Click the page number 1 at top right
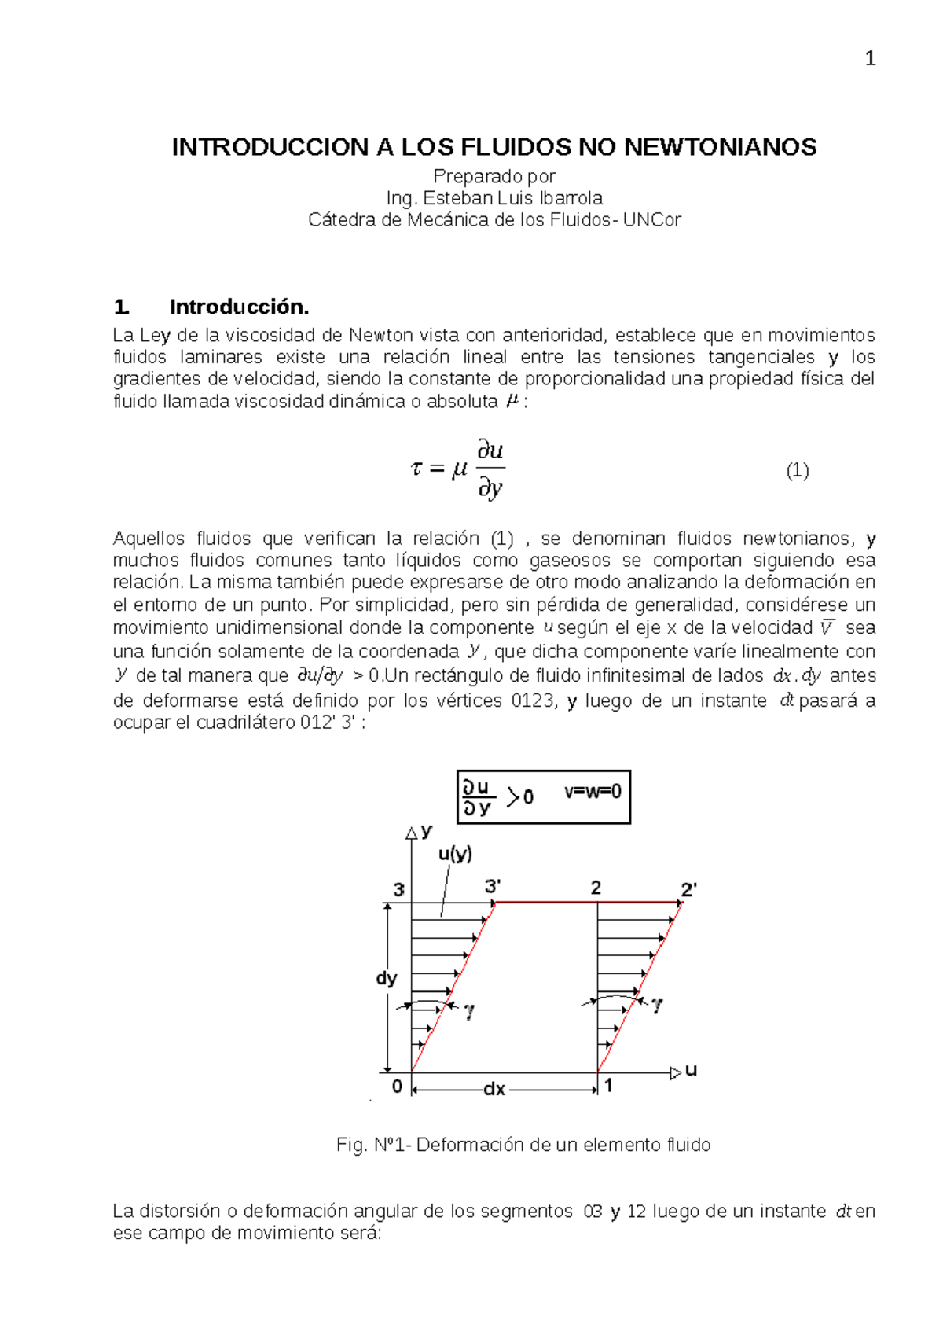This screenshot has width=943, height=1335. pyautogui.click(x=870, y=59)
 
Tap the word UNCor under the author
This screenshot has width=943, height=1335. pyautogui.click(x=651, y=220)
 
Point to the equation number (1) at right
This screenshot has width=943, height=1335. pyautogui.click(x=797, y=471)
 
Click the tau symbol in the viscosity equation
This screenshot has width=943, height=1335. pyautogui.click(x=416, y=469)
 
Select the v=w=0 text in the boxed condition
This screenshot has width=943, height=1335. pyautogui.click(x=593, y=792)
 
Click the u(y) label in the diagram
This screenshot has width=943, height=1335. pyautogui.click(x=455, y=854)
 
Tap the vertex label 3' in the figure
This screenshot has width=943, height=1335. pyautogui.click(x=493, y=886)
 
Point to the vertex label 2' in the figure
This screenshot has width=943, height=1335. pyautogui.click(x=688, y=889)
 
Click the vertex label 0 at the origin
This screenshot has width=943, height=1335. pyautogui.click(x=397, y=1087)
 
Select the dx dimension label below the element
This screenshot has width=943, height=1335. pyautogui.click(x=494, y=1090)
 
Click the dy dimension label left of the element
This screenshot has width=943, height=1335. pyautogui.click(x=387, y=978)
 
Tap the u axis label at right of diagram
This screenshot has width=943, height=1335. pyautogui.click(x=691, y=1070)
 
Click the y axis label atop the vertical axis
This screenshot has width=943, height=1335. pyautogui.click(x=427, y=830)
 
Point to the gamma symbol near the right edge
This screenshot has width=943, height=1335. pyautogui.click(x=657, y=1005)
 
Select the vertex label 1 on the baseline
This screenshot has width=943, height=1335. pyautogui.click(x=608, y=1086)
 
